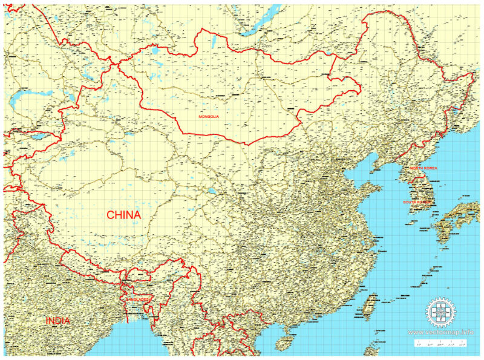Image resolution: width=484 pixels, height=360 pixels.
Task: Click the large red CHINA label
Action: [x=124, y=215]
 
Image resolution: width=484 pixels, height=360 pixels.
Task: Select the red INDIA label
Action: [x=57, y=321]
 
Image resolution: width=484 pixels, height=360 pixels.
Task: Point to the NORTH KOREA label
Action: [x=423, y=168]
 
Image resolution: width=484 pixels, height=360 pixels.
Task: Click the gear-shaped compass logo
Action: [x=440, y=313]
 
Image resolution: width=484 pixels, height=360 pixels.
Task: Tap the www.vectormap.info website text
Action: [x=440, y=332]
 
